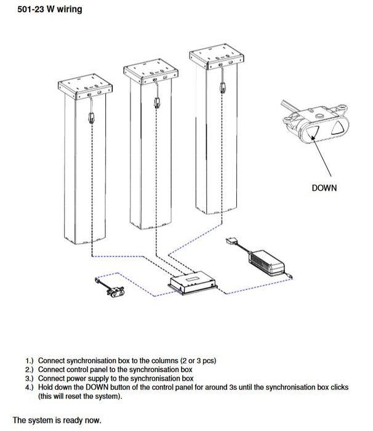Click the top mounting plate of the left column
[x=86, y=89]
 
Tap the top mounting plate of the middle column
[x=151, y=71]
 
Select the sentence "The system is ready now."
[x=56, y=421]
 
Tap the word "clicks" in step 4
[x=338, y=387]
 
